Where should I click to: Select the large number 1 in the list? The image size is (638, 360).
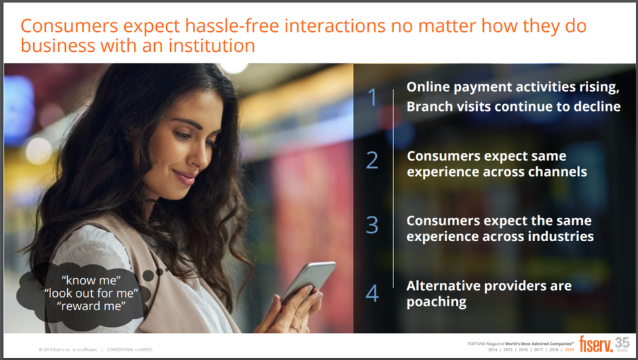pos(372,97)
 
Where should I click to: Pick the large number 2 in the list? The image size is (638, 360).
pos(372,161)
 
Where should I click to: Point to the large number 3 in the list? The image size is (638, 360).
pos(372,225)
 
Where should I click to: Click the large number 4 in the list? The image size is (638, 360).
pos(372,294)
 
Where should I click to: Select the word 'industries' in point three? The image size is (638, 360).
pos(560,236)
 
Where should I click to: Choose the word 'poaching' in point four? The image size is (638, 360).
pos(436,302)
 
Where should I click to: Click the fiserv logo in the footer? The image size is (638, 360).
pos(594,343)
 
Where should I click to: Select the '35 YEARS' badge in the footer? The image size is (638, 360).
pos(622,343)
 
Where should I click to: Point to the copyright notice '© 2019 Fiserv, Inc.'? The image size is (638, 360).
pos(67,349)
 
